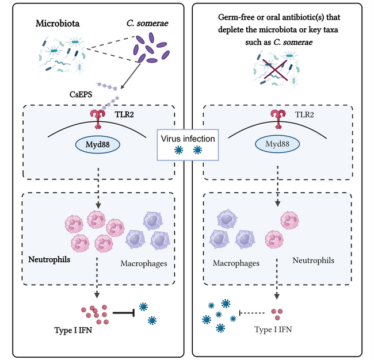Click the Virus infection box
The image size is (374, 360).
(x=188, y=144)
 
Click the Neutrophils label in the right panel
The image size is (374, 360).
(x=313, y=261)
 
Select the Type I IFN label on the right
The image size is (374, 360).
(x=276, y=331)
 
